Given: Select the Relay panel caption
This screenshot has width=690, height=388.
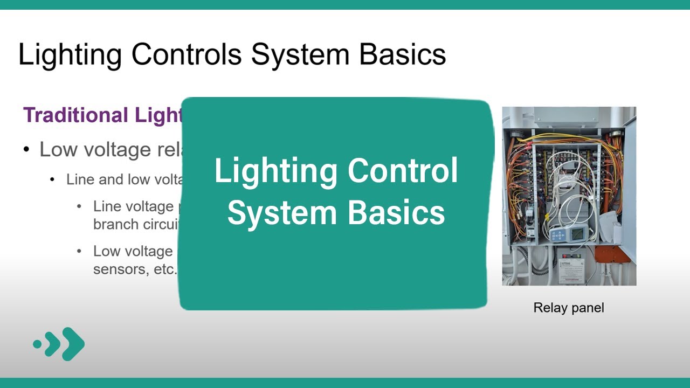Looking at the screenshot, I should coord(568,308).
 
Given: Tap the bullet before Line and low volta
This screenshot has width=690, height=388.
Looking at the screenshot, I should coord(53,179).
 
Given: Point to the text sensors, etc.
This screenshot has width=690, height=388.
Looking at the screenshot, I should coord(135,269).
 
